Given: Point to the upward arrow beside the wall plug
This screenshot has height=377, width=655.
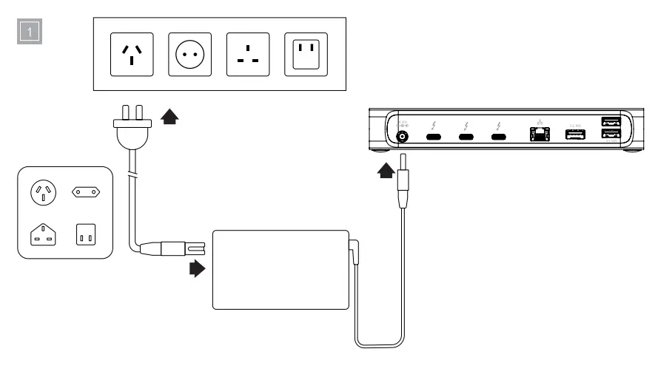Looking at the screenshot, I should coord(170,116).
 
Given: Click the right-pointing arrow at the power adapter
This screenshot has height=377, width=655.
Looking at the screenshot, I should coord(197,268).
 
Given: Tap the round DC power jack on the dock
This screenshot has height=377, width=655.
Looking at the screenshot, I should coord(404,136).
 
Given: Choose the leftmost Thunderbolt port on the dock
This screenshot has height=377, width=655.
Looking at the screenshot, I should coord(434,137).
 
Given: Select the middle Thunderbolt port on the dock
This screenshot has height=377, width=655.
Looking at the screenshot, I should coord(466,137).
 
